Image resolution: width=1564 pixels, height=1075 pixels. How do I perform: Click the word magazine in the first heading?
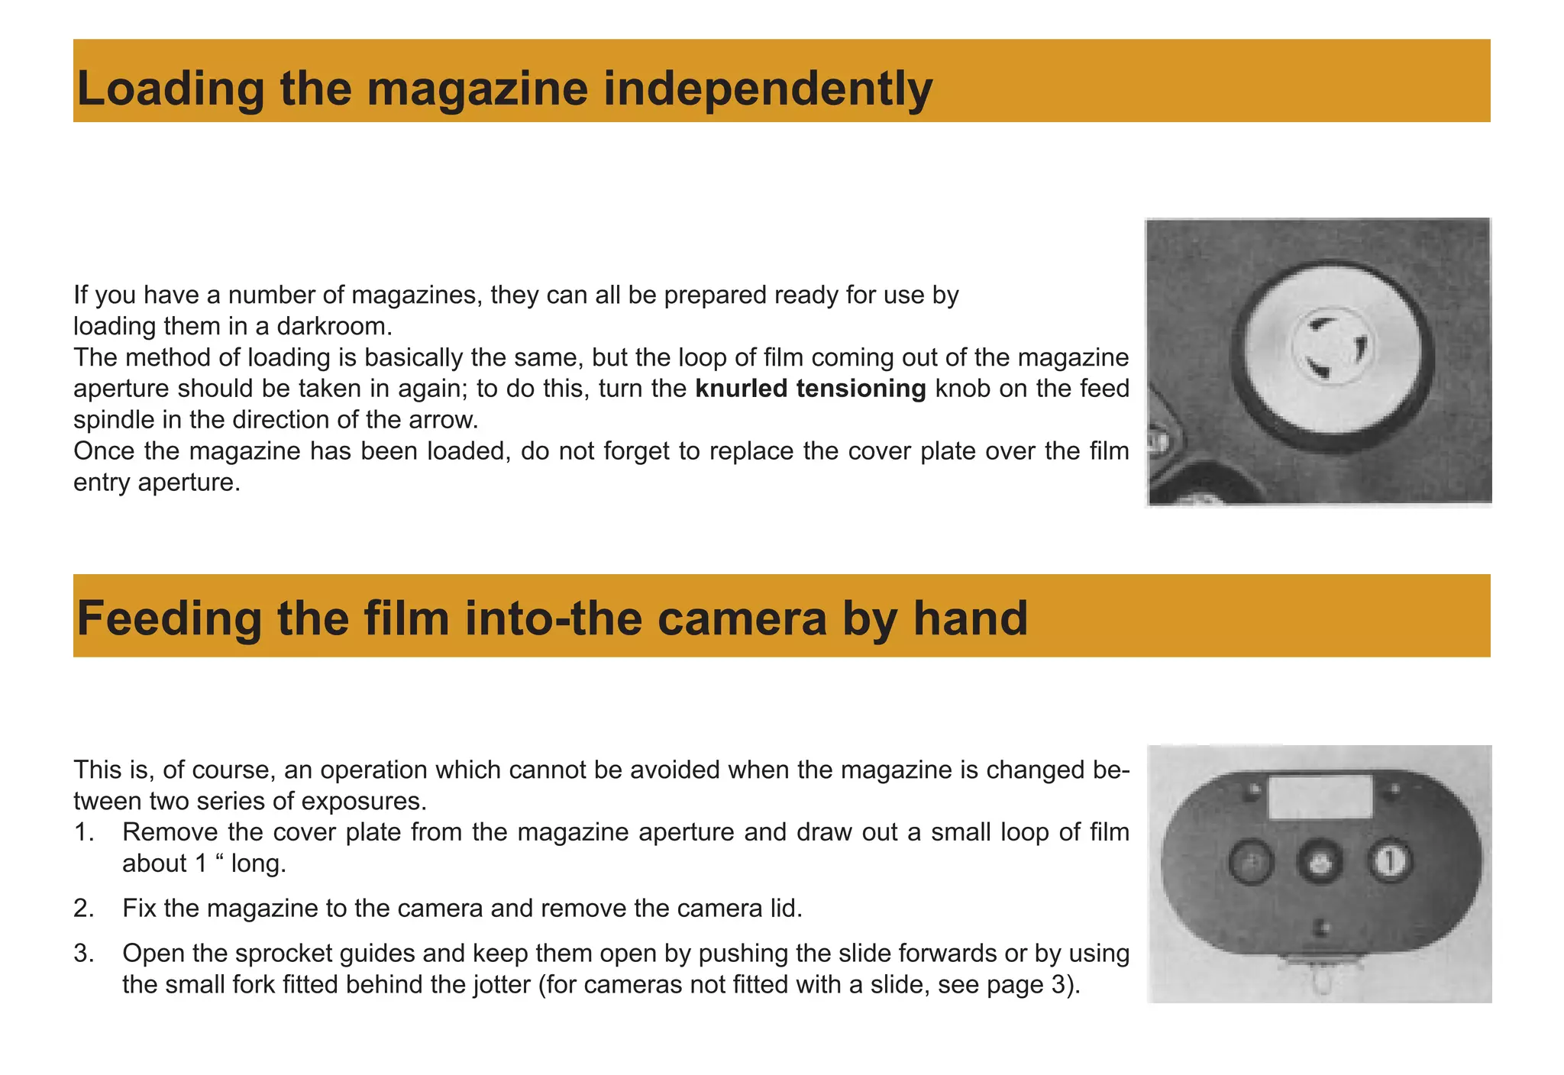[477, 89]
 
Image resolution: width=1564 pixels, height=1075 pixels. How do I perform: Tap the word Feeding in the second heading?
[169, 618]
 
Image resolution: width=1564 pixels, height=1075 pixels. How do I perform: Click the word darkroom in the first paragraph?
[333, 327]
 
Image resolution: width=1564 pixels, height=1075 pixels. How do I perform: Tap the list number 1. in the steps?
[84, 832]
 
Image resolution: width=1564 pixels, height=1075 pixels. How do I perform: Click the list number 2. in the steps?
[84, 909]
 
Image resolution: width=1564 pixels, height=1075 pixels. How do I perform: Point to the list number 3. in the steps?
[84, 954]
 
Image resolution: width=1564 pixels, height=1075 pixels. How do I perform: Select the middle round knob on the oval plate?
[1319, 864]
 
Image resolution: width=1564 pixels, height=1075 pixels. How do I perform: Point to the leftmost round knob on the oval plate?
[1251, 864]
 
